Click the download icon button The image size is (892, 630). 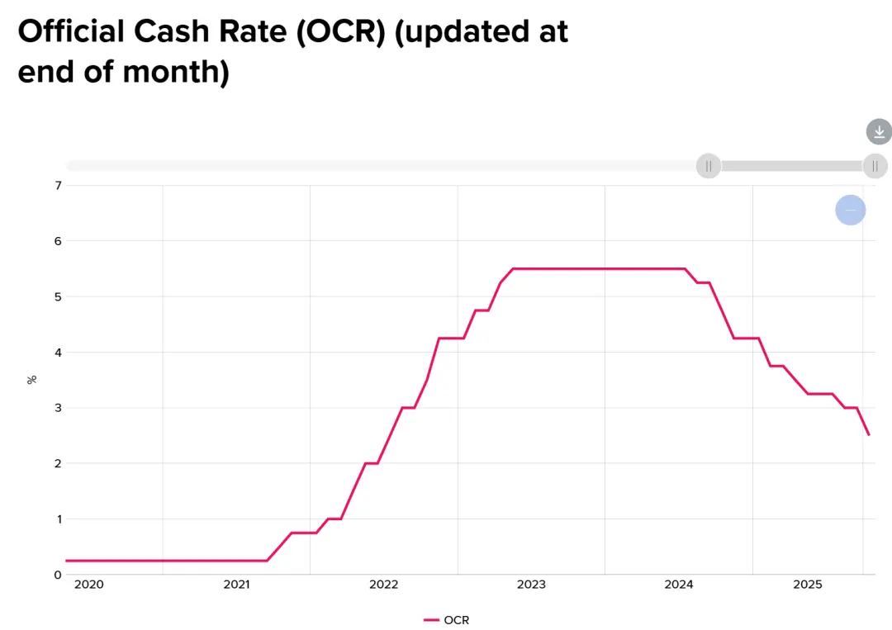pos(879,131)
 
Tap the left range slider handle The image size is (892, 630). pos(709,166)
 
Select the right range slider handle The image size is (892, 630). pos(875,166)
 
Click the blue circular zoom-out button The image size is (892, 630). pos(850,211)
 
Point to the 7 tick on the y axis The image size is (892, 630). pos(58,185)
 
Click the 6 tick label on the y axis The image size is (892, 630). pos(58,241)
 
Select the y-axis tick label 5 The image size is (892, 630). pos(58,296)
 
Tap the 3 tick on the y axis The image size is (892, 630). pos(58,408)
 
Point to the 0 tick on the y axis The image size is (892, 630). pos(58,575)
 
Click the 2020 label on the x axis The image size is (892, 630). pos(88,585)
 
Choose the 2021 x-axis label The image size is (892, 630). pos(236,585)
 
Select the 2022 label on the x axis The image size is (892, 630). pos(384,585)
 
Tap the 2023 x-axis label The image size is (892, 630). pos(531,585)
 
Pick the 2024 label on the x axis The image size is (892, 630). pos(679,585)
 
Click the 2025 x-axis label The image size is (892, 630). pos(809,585)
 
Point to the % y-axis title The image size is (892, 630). pos(32,380)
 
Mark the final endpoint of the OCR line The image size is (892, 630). pos(868,435)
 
